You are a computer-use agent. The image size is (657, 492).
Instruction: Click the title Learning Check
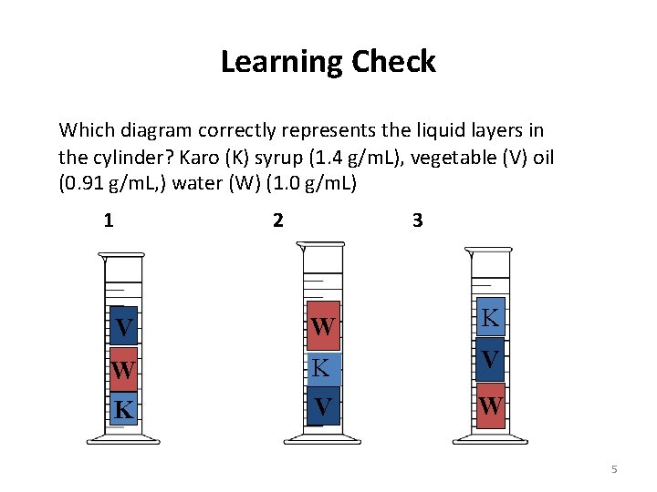pyautogui.click(x=328, y=62)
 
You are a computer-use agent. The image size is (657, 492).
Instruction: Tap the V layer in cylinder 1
pyautogui.click(x=124, y=326)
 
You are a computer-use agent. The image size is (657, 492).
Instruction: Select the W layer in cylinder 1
pyautogui.click(x=124, y=369)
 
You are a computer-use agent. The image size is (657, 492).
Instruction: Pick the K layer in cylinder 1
pyautogui.click(x=124, y=409)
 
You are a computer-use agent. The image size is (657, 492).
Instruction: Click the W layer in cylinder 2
pyautogui.click(x=322, y=326)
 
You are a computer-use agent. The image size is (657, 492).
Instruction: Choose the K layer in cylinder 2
pyautogui.click(x=322, y=368)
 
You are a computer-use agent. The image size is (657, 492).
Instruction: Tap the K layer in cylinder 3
pyautogui.click(x=490, y=318)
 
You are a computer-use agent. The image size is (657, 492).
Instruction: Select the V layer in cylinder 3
pyautogui.click(x=490, y=360)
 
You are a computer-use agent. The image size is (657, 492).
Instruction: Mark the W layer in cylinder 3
pyautogui.click(x=490, y=404)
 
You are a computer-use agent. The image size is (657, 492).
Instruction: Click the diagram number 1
pyautogui.click(x=109, y=220)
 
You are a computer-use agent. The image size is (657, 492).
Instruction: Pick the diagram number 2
pyautogui.click(x=277, y=220)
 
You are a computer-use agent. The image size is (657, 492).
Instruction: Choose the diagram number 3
pyautogui.click(x=417, y=220)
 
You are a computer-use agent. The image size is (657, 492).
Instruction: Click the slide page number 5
pyautogui.click(x=614, y=469)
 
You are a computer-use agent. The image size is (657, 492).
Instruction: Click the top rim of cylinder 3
pyautogui.click(x=488, y=249)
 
